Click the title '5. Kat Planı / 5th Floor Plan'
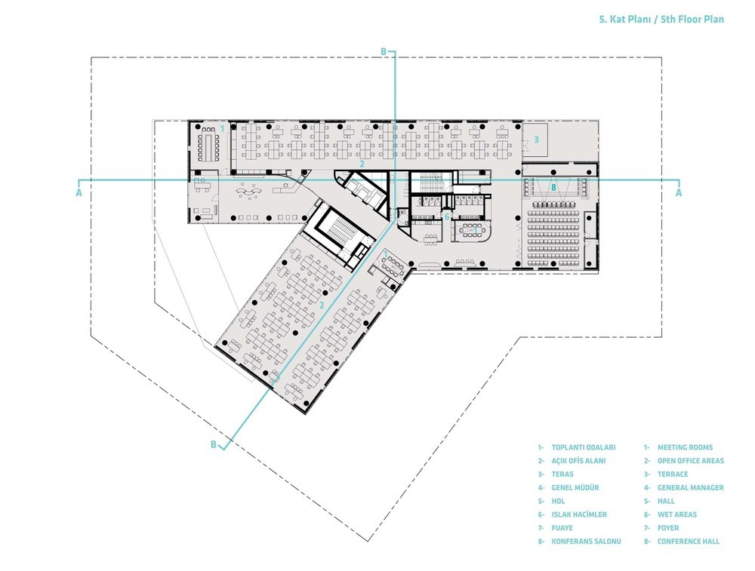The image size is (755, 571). [x=661, y=20]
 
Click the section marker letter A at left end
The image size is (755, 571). [x=79, y=192]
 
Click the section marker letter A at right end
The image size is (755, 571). [x=679, y=192]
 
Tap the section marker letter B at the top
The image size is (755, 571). [x=384, y=52]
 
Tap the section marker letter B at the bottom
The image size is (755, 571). [x=214, y=444]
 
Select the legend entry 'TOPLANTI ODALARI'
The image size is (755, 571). [x=584, y=447]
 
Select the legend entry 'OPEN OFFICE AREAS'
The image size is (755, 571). [x=691, y=461]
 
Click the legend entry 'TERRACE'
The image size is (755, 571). [x=673, y=474]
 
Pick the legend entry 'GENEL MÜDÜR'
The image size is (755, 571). [x=575, y=487]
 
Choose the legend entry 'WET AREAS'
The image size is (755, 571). [x=677, y=514]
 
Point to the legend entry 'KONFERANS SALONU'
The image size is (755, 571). [x=586, y=541]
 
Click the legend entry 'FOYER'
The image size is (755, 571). [x=668, y=528]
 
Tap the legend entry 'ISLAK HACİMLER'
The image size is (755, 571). [x=580, y=514]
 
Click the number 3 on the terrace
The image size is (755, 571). [x=536, y=140]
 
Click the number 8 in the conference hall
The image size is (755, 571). [x=553, y=187]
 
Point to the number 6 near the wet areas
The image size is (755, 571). [x=447, y=217]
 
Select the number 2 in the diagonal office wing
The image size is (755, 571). [x=322, y=305]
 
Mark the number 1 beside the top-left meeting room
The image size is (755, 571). [x=222, y=128]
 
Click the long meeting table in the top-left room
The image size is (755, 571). [x=208, y=147]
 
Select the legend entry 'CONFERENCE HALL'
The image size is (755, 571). [x=689, y=541]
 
